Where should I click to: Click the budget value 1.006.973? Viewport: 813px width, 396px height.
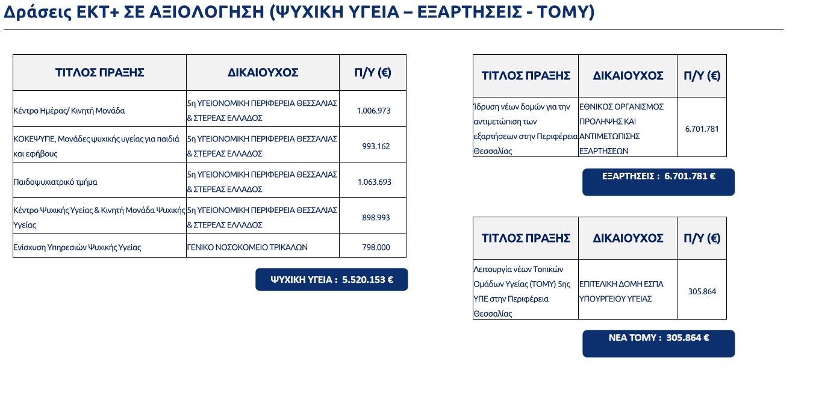tap(373, 111)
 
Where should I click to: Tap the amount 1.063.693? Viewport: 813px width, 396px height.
tap(374, 182)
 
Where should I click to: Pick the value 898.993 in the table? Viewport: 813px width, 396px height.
tap(376, 217)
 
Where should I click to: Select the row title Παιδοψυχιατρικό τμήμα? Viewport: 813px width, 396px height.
tap(55, 182)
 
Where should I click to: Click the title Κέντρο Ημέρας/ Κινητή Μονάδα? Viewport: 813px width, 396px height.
tap(69, 111)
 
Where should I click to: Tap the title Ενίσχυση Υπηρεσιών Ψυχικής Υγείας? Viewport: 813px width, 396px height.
tap(77, 247)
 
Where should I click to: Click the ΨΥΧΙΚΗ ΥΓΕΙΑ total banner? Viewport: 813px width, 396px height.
tap(331, 279)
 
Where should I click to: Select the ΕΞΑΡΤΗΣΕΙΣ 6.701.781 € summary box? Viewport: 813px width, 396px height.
tap(658, 182)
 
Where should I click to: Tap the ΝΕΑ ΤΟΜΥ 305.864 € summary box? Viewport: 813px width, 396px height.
tap(658, 344)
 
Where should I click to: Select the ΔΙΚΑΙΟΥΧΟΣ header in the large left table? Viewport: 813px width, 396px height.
tap(263, 73)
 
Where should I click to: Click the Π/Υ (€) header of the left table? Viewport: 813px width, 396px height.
tap(373, 73)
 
